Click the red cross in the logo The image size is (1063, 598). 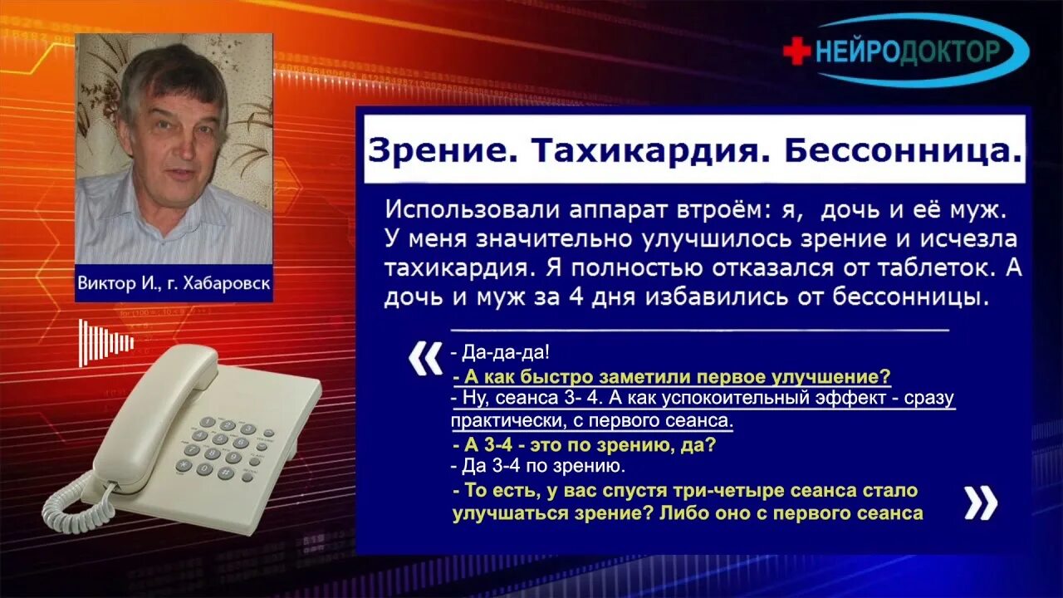pos(796,51)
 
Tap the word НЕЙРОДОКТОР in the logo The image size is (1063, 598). pos(908,51)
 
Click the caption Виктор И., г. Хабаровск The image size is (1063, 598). pos(174,282)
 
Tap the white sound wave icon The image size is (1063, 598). pos(105,342)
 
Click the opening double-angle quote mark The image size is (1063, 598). pos(426,359)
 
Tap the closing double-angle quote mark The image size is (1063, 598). pos(981,502)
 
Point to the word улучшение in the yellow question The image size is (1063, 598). pos(833,375)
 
